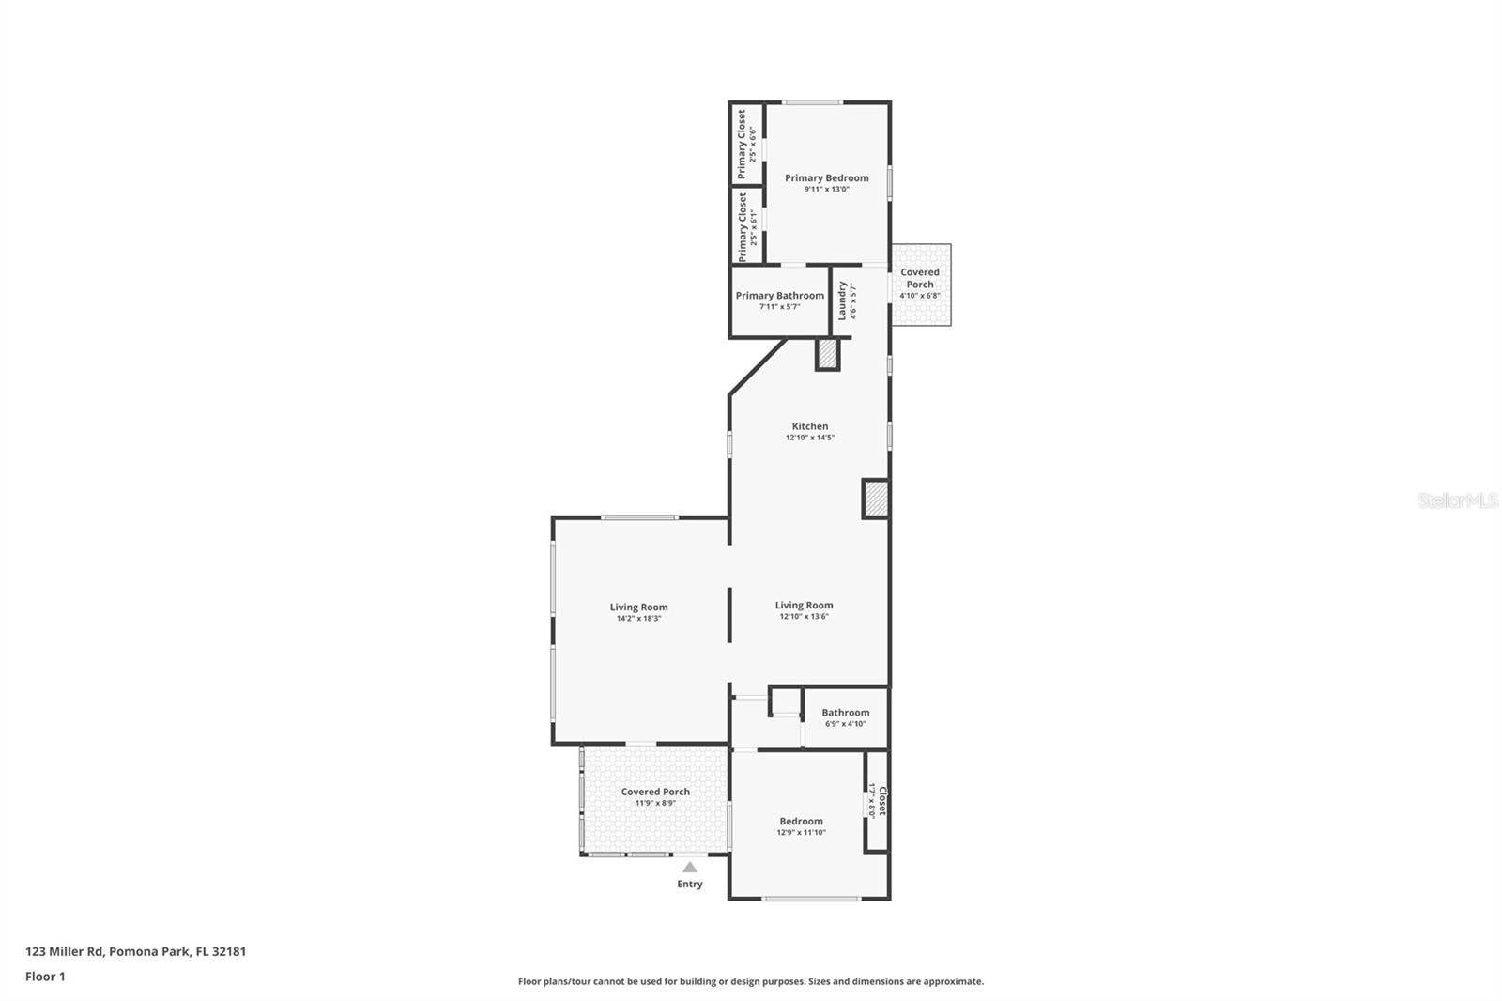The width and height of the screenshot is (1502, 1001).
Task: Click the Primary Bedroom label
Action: point(827,177)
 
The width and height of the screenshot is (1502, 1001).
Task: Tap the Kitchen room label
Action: point(810,426)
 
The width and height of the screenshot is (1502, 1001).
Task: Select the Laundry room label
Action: point(843,300)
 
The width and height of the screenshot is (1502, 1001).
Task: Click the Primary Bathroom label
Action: point(780,295)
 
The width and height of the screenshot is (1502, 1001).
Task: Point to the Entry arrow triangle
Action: point(690,868)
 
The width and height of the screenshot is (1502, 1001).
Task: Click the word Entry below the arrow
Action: point(690,885)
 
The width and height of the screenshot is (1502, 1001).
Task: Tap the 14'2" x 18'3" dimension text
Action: point(639,619)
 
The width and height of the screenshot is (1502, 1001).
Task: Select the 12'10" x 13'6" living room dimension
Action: point(804,617)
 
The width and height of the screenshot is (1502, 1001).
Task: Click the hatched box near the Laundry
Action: point(827,354)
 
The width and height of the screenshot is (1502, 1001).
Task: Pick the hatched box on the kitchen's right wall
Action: point(876,500)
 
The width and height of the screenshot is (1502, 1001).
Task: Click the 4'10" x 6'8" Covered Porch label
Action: point(920,284)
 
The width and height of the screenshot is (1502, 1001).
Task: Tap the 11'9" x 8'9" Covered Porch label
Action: point(655,797)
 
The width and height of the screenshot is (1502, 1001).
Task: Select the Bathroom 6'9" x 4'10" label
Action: point(846,717)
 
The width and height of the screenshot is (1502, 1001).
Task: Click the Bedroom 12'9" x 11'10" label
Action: point(802,826)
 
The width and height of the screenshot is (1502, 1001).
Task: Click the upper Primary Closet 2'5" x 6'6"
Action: point(746,145)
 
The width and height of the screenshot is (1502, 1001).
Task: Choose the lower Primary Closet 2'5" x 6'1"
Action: point(747,226)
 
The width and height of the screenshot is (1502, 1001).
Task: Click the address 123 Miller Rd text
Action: point(65,951)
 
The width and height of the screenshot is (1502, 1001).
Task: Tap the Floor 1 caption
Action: point(45,977)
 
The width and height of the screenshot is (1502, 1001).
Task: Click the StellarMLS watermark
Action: point(1458,500)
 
